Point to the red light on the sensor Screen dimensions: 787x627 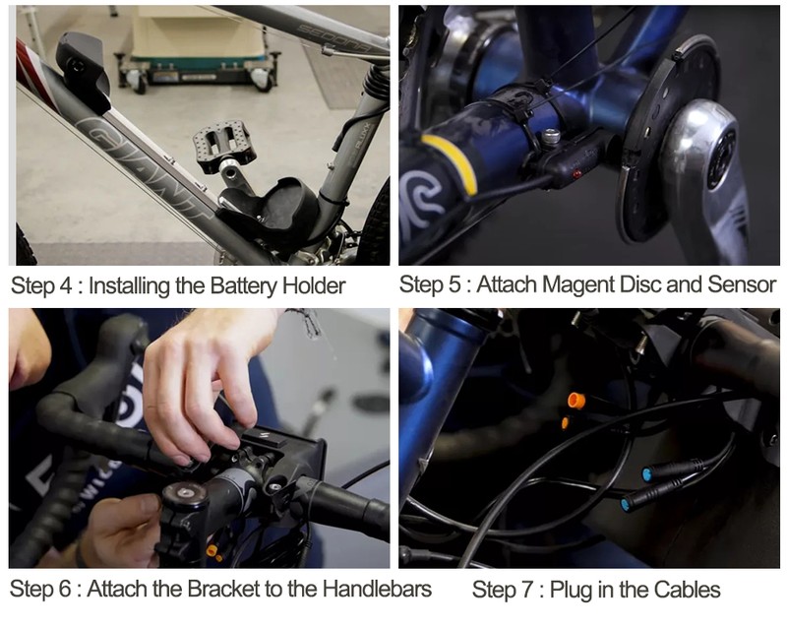click(x=577, y=174)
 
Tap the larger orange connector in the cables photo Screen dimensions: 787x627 click(x=576, y=401)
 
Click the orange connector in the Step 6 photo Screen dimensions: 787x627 click(x=212, y=550)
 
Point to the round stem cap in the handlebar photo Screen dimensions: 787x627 click(x=184, y=493)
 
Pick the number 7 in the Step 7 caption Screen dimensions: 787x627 click(x=527, y=590)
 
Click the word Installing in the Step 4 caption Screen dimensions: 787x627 click(x=130, y=286)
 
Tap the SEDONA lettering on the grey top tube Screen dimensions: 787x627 click(x=333, y=37)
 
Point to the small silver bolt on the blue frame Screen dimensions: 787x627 click(x=551, y=136)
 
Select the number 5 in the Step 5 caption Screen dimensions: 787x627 click(x=454, y=284)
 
